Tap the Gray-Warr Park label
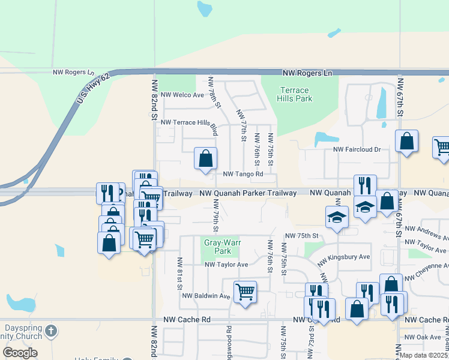click(x=217, y=247)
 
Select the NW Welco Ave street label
click(x=183, y=95)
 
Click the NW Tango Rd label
click(x=243, y=175)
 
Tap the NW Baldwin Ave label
click(x=206, y=296)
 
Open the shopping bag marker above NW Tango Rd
click(x=205, y=159)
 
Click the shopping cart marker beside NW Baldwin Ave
click(x=245, y=292)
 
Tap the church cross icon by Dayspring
click(x=52, y=330)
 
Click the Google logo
click(x=20, y=353)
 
